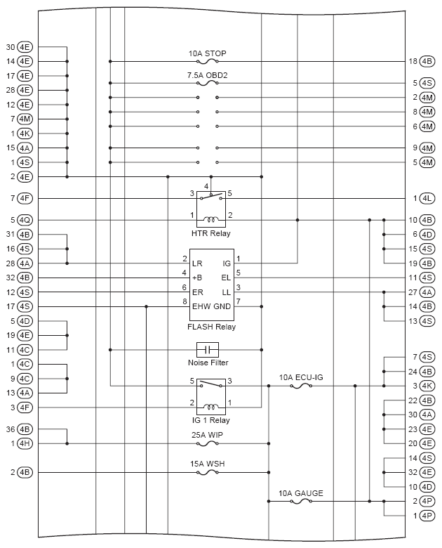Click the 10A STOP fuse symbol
click(208, 62)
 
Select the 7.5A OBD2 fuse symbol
click(208, 83)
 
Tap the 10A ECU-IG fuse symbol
click(301, 386)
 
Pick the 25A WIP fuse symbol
click(208, 443)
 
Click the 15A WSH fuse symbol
click(208, 473)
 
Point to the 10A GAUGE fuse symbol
click(301, 501)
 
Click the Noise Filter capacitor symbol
click(208, 349)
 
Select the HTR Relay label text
click(211, 233)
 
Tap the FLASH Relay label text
click(212, 327)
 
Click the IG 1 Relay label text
click(211, 420)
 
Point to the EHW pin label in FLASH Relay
click(201, 306)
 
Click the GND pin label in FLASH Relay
click(222, 306)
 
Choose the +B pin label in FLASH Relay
click(197, 278)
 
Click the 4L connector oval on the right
click(427, 199)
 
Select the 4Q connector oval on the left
click(25, 220)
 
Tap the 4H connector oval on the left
click(25, 443)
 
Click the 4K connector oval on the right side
click(427, 386)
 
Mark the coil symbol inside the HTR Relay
click(211, 219)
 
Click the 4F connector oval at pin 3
click(25, 407)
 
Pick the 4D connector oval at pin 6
click(427, 235)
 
